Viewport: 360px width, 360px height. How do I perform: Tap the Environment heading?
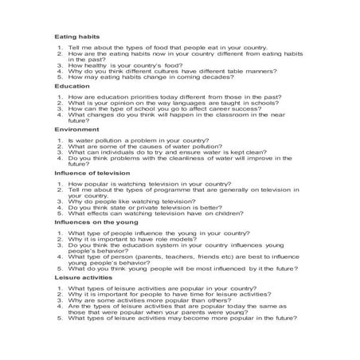(x=76, y=128)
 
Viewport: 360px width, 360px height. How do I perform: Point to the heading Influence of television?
(x=91, y=172)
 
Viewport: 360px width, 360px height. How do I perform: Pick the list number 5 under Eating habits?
(x=60, y=77)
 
